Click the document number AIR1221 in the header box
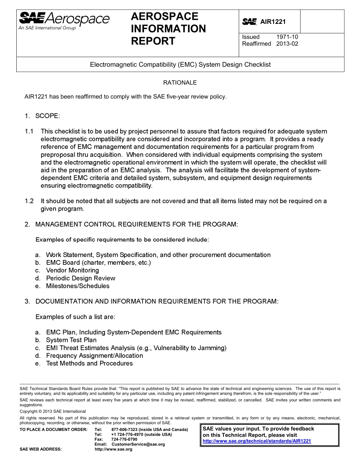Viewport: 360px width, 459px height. tap(273, 22)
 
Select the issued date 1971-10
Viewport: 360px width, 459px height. tap(287, 37)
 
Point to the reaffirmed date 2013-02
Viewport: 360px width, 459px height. tap(287, 44)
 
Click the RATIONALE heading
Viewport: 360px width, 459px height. tap(180, 83)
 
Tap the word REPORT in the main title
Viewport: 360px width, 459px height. tap(153, 41)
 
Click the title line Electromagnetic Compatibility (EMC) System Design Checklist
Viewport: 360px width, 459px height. tap(180, 65)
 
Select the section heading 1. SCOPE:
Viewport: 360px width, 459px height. tap(42, 116)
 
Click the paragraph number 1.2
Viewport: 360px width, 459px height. tap(29, 201)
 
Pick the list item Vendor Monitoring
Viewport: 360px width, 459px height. tap(72, 270)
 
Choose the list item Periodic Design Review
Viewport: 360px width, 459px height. tap(80, 278)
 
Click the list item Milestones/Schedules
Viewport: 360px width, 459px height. tap(78, 286)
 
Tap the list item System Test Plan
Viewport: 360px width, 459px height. tap(71, 340)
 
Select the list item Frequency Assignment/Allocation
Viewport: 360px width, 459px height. tap(94, 356)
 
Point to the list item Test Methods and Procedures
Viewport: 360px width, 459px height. tap(89, 363)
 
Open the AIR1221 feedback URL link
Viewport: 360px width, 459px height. tap(257, 441)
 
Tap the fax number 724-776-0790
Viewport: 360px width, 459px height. tap(124, 439)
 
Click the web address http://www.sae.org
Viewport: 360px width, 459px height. tap(113, 449)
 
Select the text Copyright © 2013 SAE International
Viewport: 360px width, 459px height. tap(53, 411)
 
